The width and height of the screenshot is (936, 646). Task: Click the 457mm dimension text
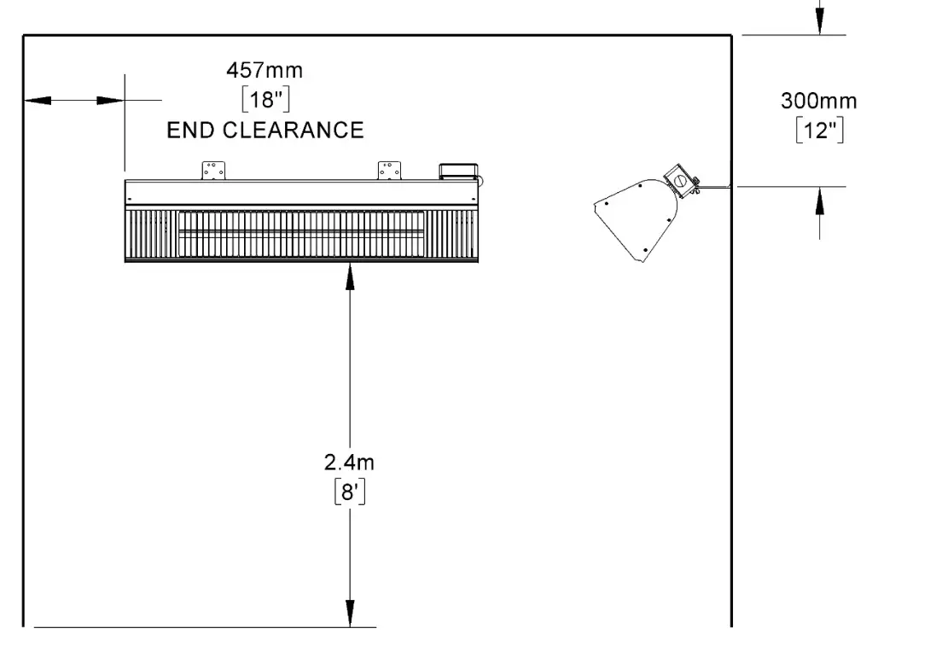(x=264, y=70)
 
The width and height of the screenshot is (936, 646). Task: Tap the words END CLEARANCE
(x=265, y=130)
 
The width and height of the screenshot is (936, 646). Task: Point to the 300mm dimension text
(x=818, y=101)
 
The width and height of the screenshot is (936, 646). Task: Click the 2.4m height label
(x=350, y=463)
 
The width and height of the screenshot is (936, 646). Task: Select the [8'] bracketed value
(x=350, y=493)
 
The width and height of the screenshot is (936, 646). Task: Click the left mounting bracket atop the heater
(x=213, y=170)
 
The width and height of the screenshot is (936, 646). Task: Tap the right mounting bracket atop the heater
(x=391, y=170)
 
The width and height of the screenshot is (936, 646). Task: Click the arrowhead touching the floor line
(x=350, y=614)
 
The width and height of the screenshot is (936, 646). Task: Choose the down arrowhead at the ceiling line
(x=819, y=23)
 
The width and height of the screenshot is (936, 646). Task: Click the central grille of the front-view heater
(x=301, y=232)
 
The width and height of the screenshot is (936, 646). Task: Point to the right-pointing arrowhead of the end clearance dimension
(x=111, y=101)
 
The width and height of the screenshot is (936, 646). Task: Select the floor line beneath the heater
(x=205, y=627)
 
